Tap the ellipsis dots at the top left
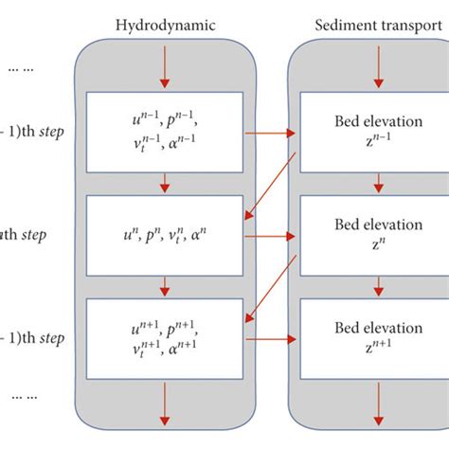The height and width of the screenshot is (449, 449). [x=21, y=69]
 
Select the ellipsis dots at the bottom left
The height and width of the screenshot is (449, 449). [x=21, y=397]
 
